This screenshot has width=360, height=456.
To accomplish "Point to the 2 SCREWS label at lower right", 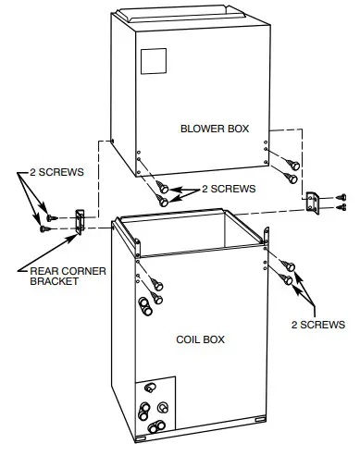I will [318, 325].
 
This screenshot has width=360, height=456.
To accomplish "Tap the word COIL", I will [189, 339].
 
